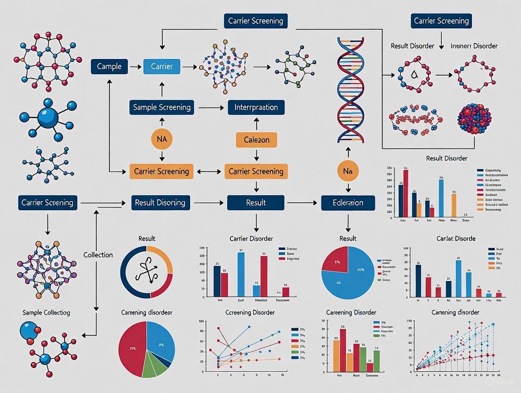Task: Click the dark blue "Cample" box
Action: click(109, 67)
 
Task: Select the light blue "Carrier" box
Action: click(161, 67)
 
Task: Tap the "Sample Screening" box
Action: click(162, 107)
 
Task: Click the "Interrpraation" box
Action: click(256, 107)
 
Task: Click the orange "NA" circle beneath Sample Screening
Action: click(162, 139)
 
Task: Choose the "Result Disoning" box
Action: click(160, 203)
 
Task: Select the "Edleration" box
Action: click(348, 203)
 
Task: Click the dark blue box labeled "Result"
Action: click(256, 203)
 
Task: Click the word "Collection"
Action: click(98, 255)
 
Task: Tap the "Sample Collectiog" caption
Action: click(46, 312)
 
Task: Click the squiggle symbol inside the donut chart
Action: click(147, 272)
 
